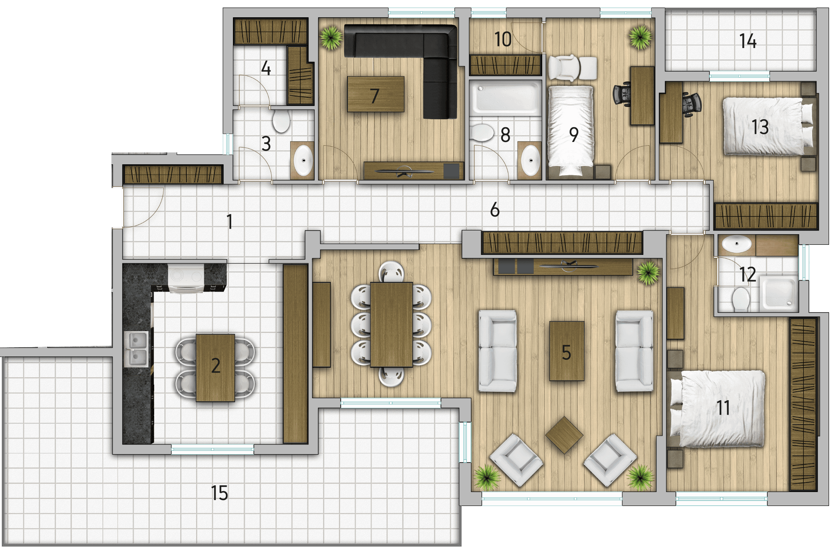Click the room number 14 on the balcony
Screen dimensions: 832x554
coord(748,41)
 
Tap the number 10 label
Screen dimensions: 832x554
coord(503,39)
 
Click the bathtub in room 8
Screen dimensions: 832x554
coord(506,98)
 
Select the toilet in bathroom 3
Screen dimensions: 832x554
coord(281,120)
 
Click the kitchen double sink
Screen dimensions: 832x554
coord(136,349)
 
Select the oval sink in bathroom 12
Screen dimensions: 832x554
coord(737,244)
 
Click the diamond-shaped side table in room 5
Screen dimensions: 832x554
coord(564,434)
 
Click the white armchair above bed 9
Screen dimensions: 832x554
coord(572,68)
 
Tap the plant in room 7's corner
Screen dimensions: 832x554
coord(331,37)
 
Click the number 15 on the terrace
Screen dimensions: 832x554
coord(219,493)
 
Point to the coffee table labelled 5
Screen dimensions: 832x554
coord(567,351)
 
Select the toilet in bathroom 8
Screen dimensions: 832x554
coord(482,132)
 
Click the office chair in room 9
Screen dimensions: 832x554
coord(623,94)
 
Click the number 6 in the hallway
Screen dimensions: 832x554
coord(495,209)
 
